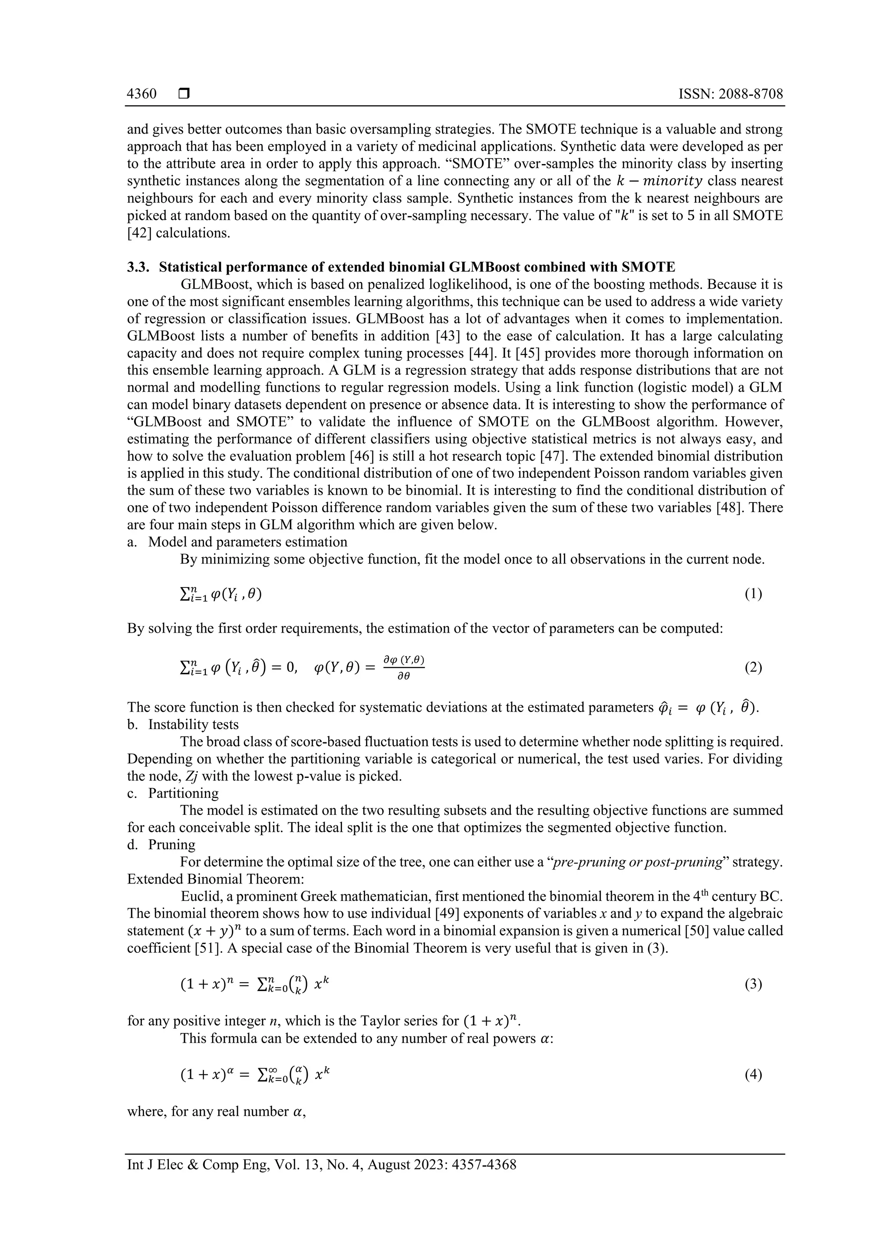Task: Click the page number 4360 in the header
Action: coord(142,94)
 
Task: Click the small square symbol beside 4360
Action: coord(184,94)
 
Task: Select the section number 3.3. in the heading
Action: coord(138,267)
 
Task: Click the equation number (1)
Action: coord(753,594)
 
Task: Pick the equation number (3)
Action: coord(753,985)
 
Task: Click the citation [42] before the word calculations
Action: coord(136,233)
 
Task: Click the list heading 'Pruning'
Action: coord(171,845)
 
